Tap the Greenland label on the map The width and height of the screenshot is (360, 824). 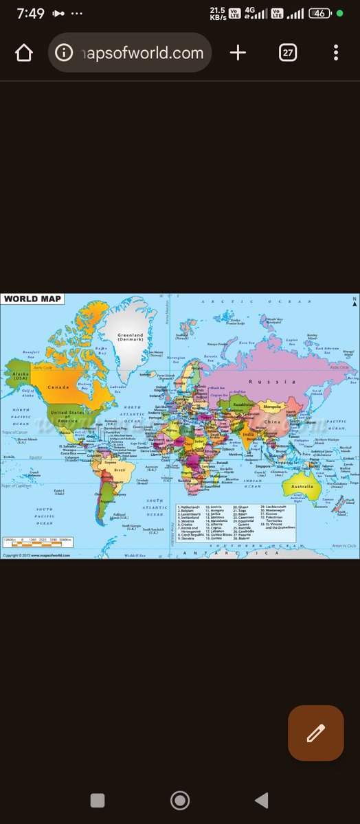pyautogui.click(x=130, y=336)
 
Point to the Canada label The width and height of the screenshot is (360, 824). pyautogui.click(x=58, y=387)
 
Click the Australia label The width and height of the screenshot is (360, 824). pyautogui.click(x=302, y=486)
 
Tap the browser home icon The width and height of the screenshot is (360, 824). pyautogui.click(x=24, y=53)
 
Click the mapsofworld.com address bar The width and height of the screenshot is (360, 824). pyautogui.click(x=130, y=53)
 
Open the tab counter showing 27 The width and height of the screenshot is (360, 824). pyautogui.click(x=288, y=53)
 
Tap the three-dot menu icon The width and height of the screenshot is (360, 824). pyautogui.click(x=335, y=53)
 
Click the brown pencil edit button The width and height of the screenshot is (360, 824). pyautogui.click(x=315, y=733)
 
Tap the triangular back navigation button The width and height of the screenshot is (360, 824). pyautogui.click(x=261, y=800)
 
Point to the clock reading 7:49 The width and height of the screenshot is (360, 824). pyautogui.click(x=30, y=14)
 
